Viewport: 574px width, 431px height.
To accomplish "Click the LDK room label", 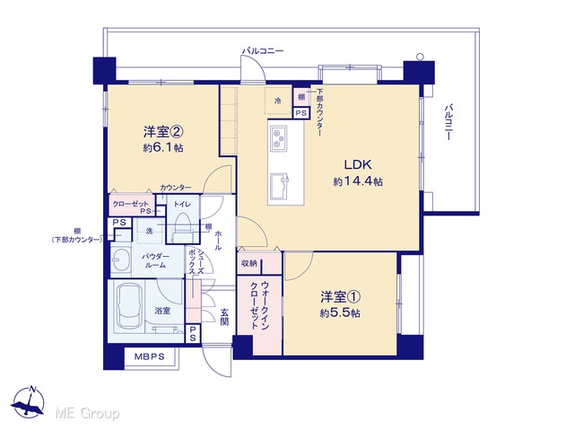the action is pyautogui.click(x=358, y=164).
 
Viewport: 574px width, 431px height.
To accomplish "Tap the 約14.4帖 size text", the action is pyautogui.click(x=358, y=181).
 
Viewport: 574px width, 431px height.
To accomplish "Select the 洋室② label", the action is pyautogui.click(x=163, y=132).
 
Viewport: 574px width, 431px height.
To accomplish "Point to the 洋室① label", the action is pyautogui.click(x=340, y=297).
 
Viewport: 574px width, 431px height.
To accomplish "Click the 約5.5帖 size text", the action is pyautogui.click(x=340, y=313).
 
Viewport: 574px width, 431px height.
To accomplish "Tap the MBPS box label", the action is pyautogui.click(x=149, y=356).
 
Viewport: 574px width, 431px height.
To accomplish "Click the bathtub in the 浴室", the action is pyautogui.click(x=128, y=306).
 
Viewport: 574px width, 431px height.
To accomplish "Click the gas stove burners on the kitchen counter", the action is pyautogui.click(x=279, y=138).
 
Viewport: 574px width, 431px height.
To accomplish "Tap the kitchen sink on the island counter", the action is pyautogui.click(x=279, y=186).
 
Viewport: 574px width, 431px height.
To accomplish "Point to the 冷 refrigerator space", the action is pyautogui.click(x=278, y=101).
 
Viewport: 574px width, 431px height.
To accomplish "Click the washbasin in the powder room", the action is pyautogui.click(x=120, y=259).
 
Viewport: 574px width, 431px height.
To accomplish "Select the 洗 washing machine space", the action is pyautogui.click(x=150, y=231).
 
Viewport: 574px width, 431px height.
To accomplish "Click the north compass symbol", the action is pyautogui.click(x=28, y=402).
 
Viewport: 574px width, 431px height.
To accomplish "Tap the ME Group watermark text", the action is pyautogui.click(x=87, y=413).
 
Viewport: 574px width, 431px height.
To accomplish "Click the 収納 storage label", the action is pyautogui.click(x=249, y=263).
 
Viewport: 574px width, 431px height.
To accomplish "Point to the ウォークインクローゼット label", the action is pyautogui.click(x=259, y=305).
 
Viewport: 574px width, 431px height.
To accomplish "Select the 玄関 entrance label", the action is pyautogui.click(x=224, y=317).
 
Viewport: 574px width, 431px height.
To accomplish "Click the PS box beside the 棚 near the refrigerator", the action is pyautogui.click(x=301, y=113).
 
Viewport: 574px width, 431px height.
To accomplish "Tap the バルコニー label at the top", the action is pyautogui.click(x=263, y=51).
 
